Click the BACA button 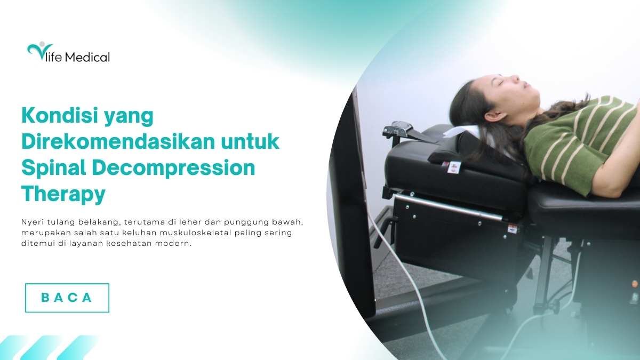(x=67, y=298)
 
